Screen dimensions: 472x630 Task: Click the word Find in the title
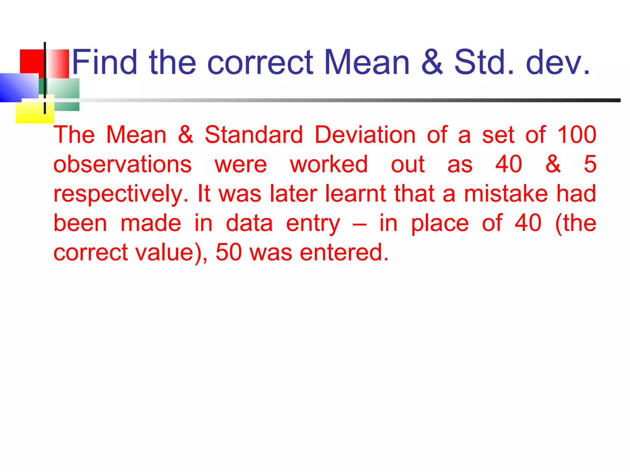(x=105, y=62)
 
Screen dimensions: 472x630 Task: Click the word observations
(x=122, y=164)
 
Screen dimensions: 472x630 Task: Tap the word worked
(x=329, y=164)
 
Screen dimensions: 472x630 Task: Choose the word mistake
(x=506, y=194)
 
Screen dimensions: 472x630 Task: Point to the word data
(x=249, y=223)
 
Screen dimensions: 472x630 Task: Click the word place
(x=440, y=224)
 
